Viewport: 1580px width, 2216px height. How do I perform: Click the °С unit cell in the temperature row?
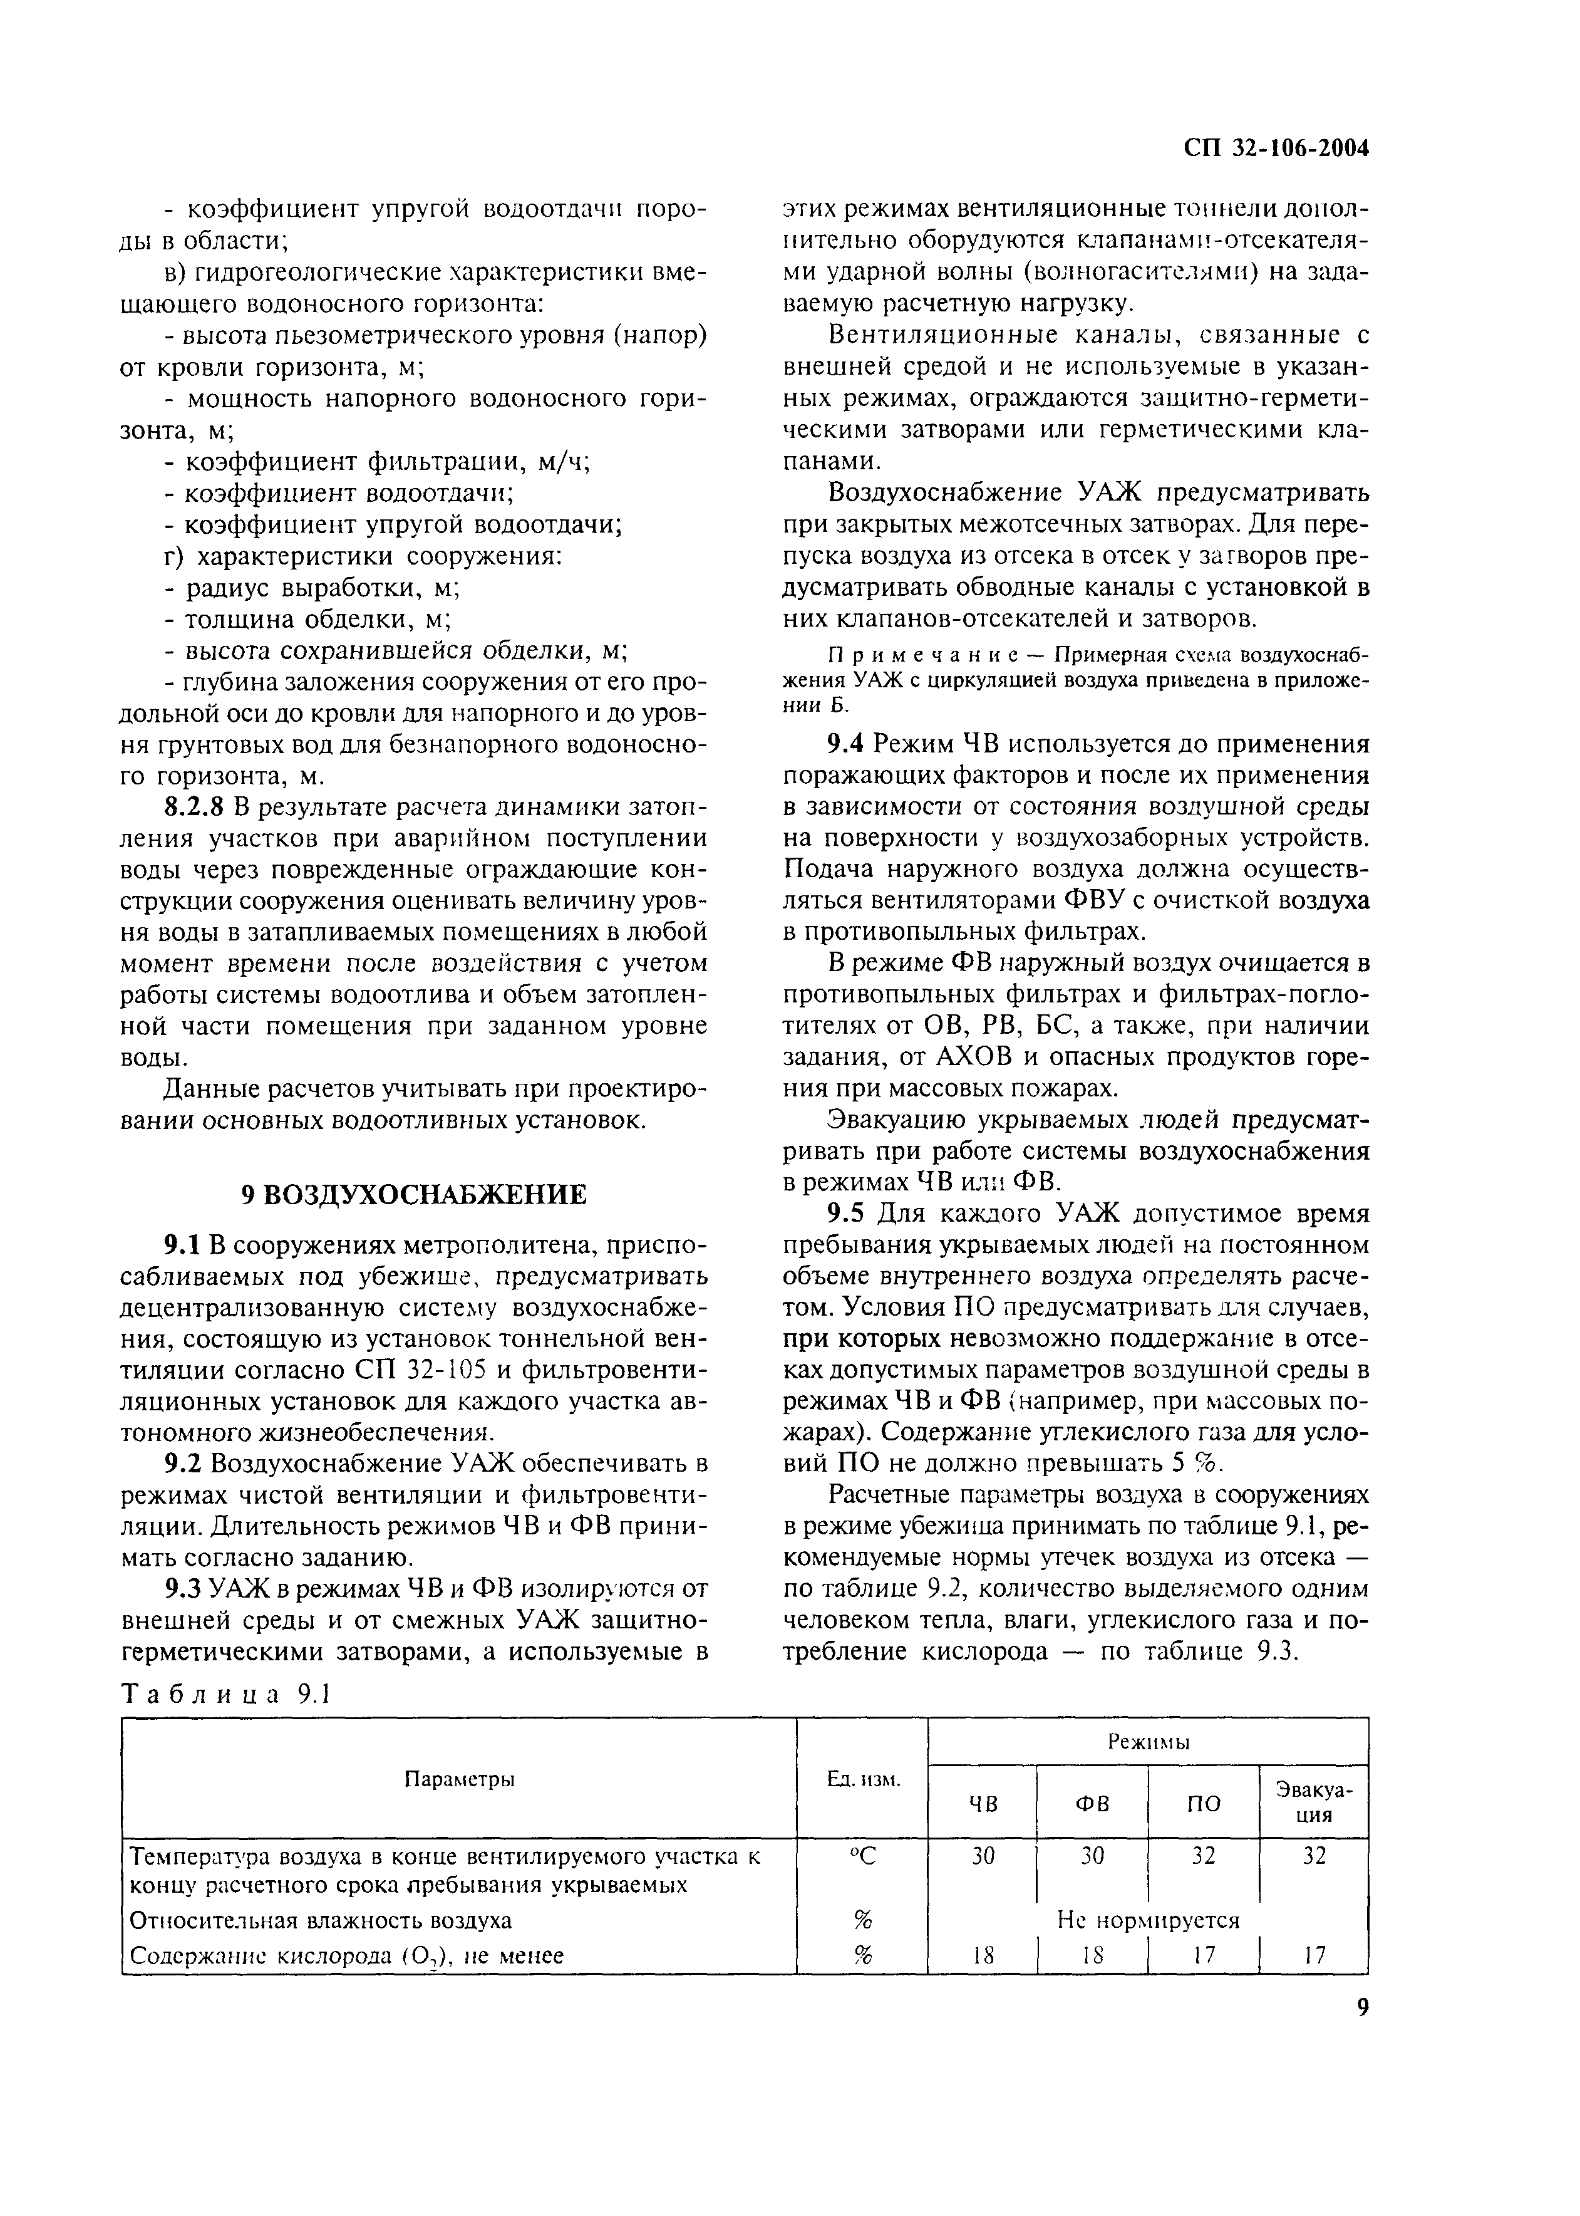862,1857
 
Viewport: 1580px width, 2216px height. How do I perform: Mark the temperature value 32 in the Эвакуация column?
1314,1857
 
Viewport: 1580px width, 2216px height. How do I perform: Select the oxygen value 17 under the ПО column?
1204,1954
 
